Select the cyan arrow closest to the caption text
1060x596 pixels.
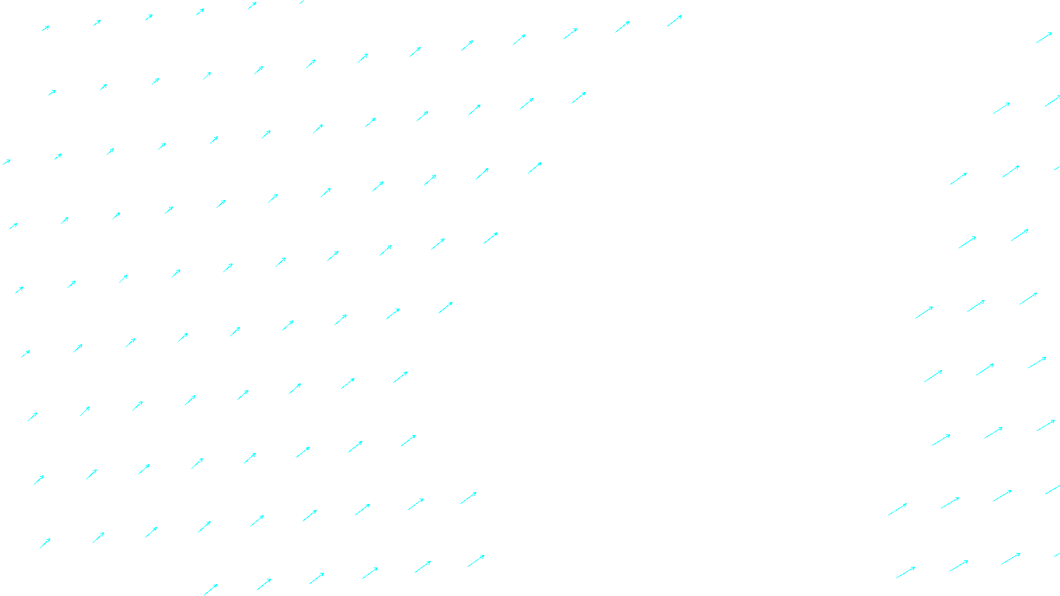[x=476, y=561]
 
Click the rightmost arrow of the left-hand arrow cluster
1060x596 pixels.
[x=674, y=21]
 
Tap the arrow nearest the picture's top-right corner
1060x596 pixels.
[x=1044, y=38]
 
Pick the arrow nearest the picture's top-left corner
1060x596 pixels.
[x=46, y=28]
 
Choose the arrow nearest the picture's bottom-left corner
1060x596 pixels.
[x=45, y=543]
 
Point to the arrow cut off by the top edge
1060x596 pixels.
[x=303, y=1]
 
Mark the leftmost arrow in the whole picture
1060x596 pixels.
[x=6, y=162]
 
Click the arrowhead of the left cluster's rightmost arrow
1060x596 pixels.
[x=681, y=16]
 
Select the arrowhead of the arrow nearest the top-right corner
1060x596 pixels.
[x=1051, y=33]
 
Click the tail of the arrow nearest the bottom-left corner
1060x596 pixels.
[x=40, y=548]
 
